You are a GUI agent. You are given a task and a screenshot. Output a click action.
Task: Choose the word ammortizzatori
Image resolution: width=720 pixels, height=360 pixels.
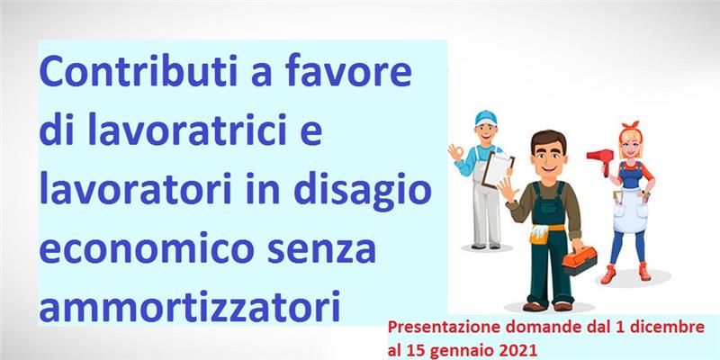click(x=190, y=305)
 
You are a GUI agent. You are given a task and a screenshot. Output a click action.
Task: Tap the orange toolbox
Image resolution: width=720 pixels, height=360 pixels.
click(x=580, y=260)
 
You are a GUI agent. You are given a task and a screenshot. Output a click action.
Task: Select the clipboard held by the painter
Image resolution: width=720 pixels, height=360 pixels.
click(x=498, y=169)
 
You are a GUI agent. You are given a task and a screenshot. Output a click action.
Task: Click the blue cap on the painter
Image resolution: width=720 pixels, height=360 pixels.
click(x=486, y=118)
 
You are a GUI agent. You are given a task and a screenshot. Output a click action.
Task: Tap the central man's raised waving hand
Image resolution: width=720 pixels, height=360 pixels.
click(x=508, y=189)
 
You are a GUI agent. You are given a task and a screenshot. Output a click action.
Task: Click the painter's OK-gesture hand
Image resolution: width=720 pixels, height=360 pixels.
click(x=455, y=152)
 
